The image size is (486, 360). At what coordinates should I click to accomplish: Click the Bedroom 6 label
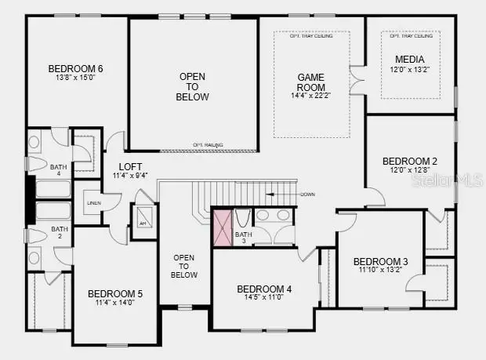(x=75, y=68)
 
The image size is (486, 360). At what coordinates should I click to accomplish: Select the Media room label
(x=410, y=60)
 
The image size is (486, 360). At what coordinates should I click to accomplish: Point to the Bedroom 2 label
(x=410, y=161)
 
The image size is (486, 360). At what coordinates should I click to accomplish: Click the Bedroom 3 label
(x=380, y=261)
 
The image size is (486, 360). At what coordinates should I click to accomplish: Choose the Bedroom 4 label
(x=264, y=289)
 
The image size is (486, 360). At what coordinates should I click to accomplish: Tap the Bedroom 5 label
(x=115, y=294)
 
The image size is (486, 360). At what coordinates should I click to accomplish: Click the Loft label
(x=130, y=166)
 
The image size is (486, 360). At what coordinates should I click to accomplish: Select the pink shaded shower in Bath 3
(x=223, y=227)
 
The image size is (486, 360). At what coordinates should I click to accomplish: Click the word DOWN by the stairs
(x=307, y=194)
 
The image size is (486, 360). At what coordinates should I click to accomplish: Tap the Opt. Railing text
(x=209, y=145)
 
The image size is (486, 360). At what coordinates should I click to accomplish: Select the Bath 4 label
(x=60, y=170)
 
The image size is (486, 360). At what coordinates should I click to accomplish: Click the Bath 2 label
(x=60, y=233)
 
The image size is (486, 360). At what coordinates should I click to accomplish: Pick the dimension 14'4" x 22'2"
(x=310, y=96)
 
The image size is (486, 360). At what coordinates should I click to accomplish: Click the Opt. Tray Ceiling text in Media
(x=411, y=36)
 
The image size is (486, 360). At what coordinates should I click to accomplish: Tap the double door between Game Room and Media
(x=357, y=81)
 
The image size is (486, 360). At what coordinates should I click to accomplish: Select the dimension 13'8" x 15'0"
(x=75, y=78)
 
